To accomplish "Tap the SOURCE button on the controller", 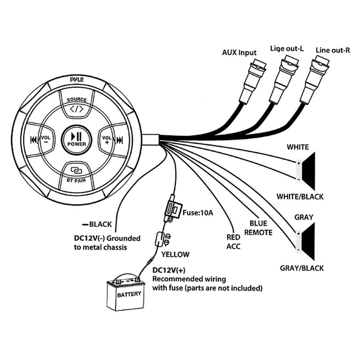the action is click(77, 103).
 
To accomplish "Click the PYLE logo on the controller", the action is click(77, 80).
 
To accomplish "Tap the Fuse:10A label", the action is click(198, 213).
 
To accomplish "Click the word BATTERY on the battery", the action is click(129, 294).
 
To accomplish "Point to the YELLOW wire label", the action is click(175, 254).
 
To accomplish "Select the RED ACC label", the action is click(234, 242).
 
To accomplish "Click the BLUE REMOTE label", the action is click(258, 228).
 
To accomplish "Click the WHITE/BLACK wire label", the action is click(300, 197).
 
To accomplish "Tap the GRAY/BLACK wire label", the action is click(302, 268).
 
